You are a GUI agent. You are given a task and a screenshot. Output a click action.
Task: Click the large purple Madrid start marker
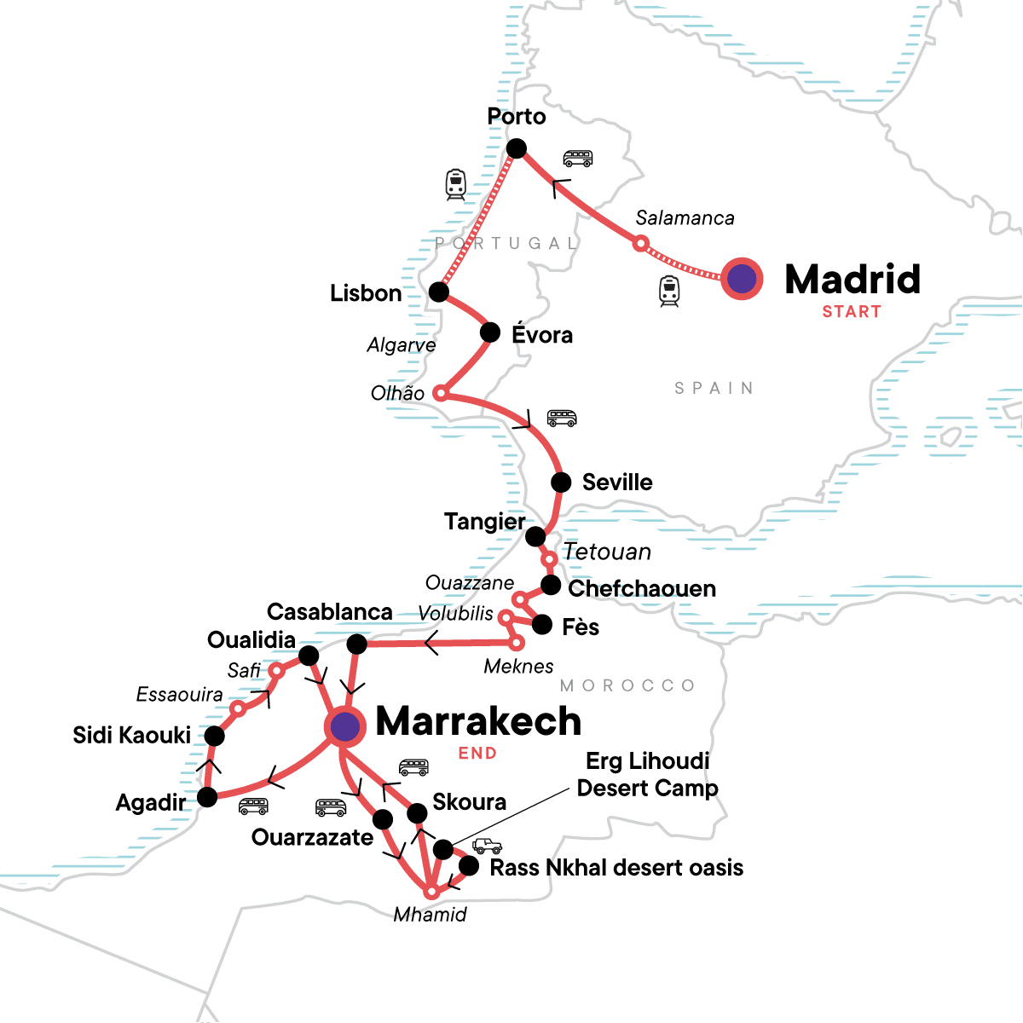click(742, 279)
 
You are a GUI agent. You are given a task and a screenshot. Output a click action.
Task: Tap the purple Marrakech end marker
click(345, 727)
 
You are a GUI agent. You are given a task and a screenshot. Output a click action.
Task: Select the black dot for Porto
click(517, 149)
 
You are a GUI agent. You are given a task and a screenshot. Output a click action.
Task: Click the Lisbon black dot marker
click(438, 292)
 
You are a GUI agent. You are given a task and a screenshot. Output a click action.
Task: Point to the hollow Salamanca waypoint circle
click(640, 244)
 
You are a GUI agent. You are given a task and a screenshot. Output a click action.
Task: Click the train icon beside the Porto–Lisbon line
click(456, 184)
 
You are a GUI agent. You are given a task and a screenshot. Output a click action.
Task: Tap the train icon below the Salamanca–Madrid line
click(669, 292)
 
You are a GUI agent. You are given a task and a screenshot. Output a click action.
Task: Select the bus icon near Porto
click(578, 159)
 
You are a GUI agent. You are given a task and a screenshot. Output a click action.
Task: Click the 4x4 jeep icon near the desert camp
click(488, 846)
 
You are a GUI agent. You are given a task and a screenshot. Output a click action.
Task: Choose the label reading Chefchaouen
click(642, 589)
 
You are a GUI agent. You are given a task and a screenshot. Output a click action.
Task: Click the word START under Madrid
click(851, 312)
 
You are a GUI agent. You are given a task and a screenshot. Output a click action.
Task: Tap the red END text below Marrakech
click(477, 754)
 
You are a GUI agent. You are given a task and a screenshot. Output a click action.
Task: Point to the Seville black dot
click(561, 483)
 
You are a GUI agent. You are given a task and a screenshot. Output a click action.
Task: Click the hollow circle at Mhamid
click(432, 892)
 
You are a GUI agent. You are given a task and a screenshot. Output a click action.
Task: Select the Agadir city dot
click(207, 797)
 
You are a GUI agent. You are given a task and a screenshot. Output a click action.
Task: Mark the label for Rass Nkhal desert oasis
click(616, 868)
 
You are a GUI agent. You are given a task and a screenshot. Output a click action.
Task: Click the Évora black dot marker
click(490, 332)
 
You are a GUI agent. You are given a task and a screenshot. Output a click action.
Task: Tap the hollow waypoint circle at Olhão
click(440, 393)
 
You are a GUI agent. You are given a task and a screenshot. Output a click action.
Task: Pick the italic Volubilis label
click(455, 614)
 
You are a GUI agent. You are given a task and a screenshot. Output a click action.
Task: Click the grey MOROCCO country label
click(627, 685)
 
